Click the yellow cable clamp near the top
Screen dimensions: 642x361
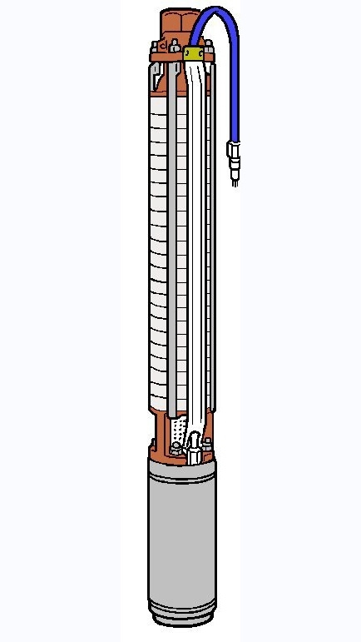pyautogui.click(x=195, y=53)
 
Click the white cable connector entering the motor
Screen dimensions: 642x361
pyautogui.click(x=194, y=450)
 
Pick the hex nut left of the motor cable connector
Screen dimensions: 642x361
pyautogui.click(x=176, y=450)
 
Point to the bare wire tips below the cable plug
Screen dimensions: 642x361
pyautogui.click(x=235, y=178)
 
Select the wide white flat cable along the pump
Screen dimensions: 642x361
pyautogui.click(x=195, y=250)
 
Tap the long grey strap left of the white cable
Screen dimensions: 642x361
pyautogui.click(x=172, y=250)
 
